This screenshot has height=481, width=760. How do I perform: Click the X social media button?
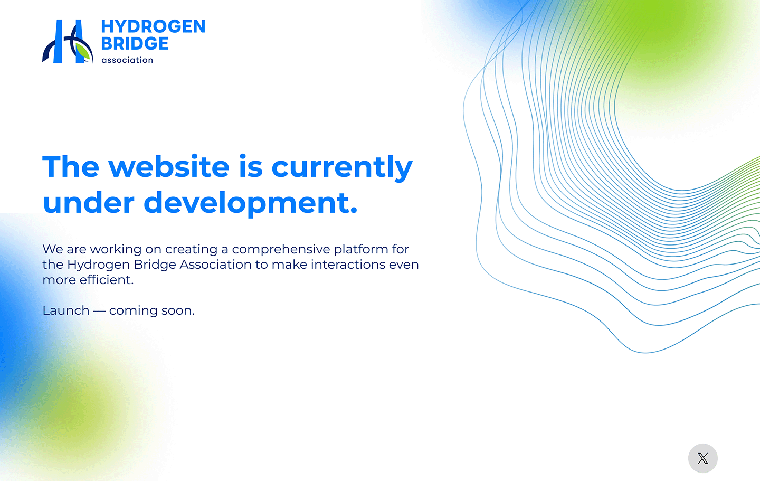point(702,458)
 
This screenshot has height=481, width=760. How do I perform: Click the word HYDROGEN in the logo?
point(154,26)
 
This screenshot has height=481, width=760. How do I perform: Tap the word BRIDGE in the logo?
point(135,43)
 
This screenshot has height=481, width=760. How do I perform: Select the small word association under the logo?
point(127,60)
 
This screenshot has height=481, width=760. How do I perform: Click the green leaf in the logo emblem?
point(83,52)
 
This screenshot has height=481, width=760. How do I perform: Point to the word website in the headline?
point(169,167)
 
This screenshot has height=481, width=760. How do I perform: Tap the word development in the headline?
point(251,203)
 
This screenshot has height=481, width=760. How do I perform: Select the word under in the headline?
point(89,203)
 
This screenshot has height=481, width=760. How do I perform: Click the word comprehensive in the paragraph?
point(281,250)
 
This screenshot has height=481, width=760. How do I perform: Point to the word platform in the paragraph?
point(361,250)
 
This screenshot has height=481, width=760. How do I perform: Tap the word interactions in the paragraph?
point(348,265)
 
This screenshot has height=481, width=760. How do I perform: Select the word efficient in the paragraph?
point(107,280)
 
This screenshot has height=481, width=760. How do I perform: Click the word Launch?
point(66,310)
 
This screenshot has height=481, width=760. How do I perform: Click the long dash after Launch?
point(99,311)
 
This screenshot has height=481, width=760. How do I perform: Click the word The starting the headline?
point(71,167)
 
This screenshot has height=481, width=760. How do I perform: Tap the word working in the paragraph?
point(116,250)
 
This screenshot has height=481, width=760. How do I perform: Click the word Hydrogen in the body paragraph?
point(98,265)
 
